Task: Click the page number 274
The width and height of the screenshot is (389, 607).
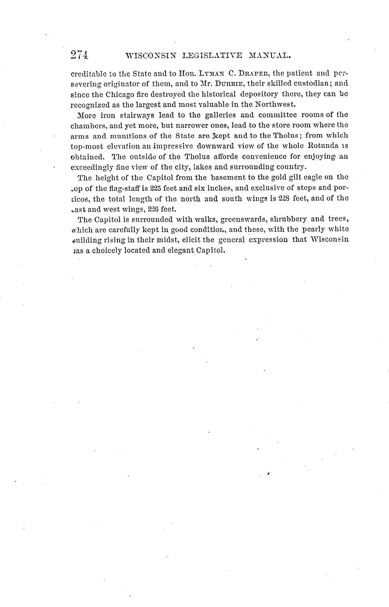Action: (x=80, y=55)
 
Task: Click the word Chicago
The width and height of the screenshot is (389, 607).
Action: (x=120, y=93)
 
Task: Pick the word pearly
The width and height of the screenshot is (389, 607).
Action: (x=312, y=230)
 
